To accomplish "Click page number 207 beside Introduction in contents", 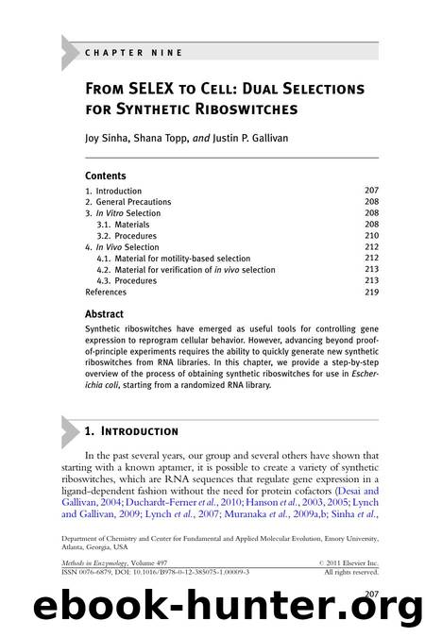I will click(371, 190).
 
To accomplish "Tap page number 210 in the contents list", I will click(371, 236).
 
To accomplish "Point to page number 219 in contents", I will click(371, 293).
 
